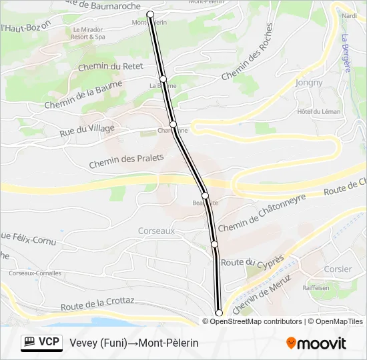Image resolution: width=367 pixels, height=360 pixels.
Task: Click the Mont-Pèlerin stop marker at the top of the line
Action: coord(150,14)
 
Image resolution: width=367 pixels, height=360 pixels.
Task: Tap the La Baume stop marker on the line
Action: coord(163,79)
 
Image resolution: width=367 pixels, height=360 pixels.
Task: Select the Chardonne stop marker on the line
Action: coord(173,124)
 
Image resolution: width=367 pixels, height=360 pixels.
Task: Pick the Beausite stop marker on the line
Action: coord(206,195)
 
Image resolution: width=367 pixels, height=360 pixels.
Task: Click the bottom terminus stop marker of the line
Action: coord(218,313)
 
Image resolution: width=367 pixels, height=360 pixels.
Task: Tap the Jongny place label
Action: coord(308,83)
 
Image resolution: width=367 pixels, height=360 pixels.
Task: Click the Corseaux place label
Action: coord(156,231)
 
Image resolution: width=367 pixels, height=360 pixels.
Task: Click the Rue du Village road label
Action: coord(87,129)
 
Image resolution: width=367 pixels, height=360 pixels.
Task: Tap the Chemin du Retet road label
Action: coord(111,67)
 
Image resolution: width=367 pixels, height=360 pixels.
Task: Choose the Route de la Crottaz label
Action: coord(97,305)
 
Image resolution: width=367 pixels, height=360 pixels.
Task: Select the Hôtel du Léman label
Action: coord(319,111)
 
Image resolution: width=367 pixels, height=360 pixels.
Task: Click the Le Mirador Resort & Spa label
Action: coord(89,33)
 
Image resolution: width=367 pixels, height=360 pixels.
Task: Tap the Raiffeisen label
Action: coord(316,287)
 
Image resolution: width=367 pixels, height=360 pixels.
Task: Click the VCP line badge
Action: coord(41,343)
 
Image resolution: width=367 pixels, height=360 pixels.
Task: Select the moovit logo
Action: coord(316,343)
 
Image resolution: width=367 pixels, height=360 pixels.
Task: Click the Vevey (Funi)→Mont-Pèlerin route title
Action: coord(134,343)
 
